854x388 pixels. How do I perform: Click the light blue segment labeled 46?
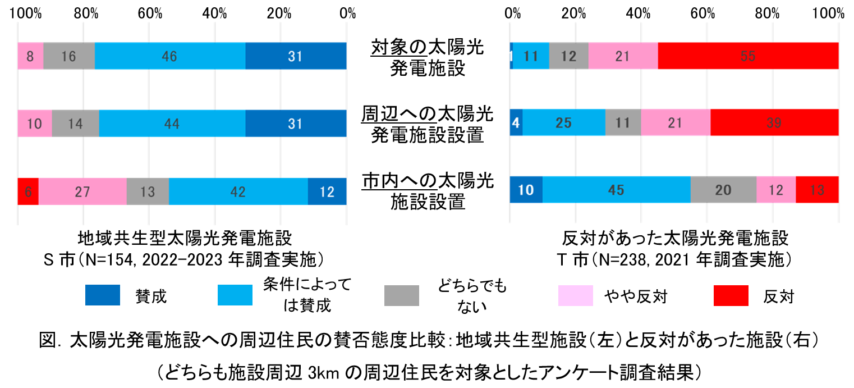coord(170,56)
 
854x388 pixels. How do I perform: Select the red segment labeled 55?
coord(748,56)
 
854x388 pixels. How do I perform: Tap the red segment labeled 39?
coord(774,123)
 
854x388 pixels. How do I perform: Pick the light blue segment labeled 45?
coord(616,190)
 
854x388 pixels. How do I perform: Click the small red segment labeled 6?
coord(28,191)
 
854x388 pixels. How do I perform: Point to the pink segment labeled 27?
coord(82,191)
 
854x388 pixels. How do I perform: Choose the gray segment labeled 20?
coord(723,190)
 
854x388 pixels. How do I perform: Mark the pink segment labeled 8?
coord(30,56)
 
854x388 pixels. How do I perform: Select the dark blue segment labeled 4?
coord(516,123)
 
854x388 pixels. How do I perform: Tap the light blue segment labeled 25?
coord(564,123)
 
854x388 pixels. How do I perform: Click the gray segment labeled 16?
coord(69,56)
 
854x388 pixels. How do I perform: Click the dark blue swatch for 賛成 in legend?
coord(103,295)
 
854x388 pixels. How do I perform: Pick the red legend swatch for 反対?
coord(731,295)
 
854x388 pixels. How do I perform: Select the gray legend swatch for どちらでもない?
coord(402,295)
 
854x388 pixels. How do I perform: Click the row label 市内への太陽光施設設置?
coord(428,191)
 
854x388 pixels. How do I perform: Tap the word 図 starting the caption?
coord(48,340)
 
